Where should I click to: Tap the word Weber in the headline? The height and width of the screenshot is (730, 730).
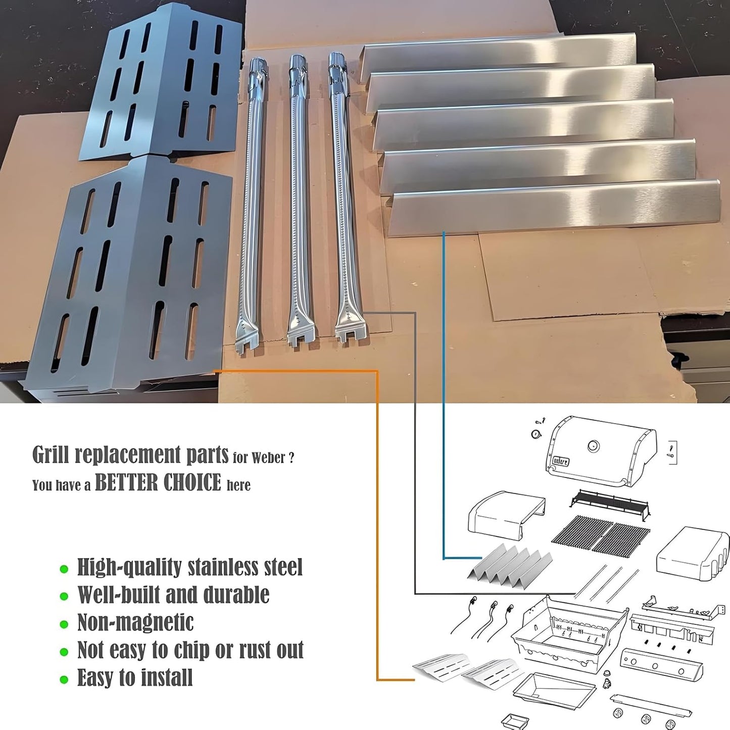tap(268, 458)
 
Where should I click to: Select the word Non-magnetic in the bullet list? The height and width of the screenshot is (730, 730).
tap(135, 622)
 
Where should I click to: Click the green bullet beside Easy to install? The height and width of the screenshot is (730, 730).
tap(64, 679)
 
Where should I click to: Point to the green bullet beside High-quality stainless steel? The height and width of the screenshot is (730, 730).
tap(64, 569)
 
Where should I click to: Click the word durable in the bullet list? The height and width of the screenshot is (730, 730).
tap(236, 595)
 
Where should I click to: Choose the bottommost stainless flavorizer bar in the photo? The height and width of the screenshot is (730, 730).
tap(556, 207)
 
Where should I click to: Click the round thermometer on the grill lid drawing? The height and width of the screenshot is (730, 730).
tap(593, 446)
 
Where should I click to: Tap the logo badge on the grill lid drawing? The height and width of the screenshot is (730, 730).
tap(560, 461)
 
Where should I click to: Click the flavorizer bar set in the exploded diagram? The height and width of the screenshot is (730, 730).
tap(510, 563)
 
